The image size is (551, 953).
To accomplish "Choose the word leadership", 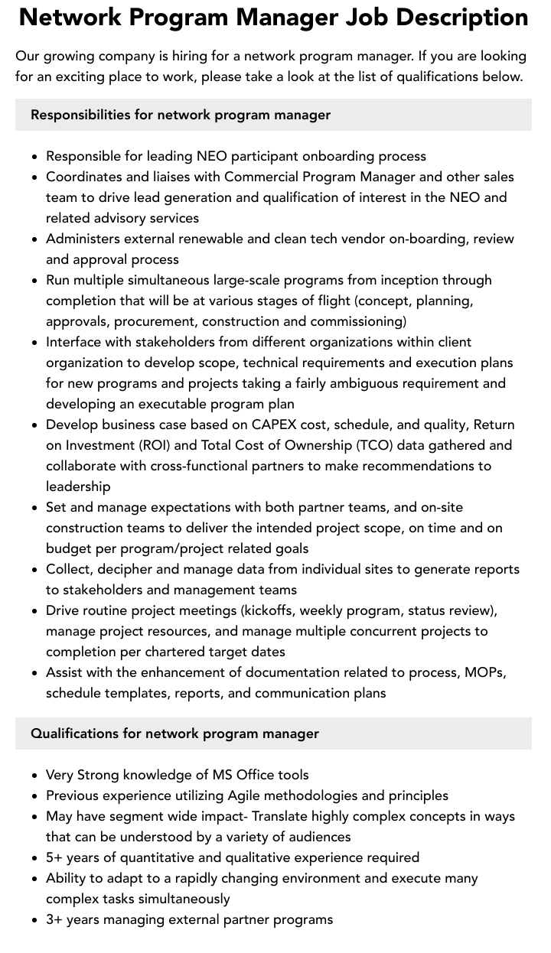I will (78, 486).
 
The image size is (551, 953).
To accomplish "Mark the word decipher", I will (126, 569).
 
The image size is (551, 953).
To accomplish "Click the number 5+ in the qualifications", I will (55, 857).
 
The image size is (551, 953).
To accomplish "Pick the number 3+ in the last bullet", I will (55, 919).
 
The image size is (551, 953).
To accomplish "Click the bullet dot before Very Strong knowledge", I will (35, 776).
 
